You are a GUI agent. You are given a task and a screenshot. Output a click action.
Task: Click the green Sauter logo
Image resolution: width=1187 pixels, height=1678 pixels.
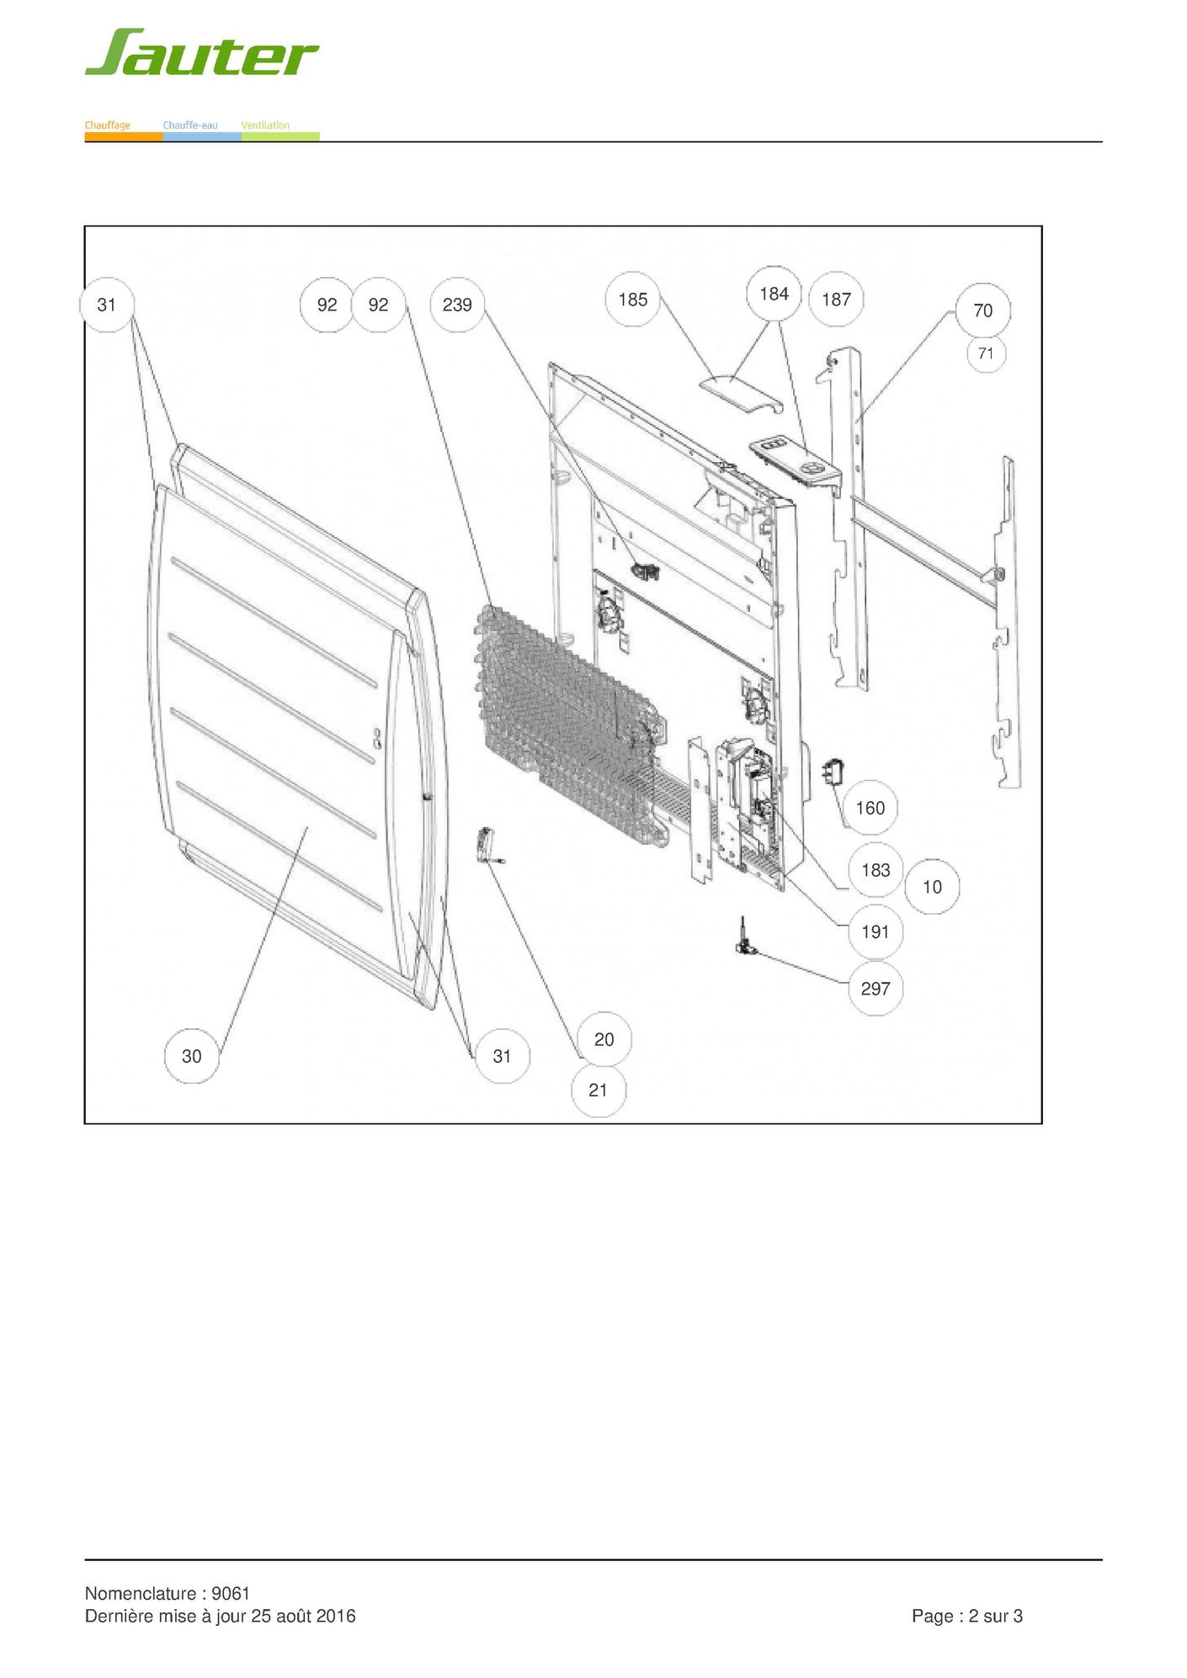(201, 52)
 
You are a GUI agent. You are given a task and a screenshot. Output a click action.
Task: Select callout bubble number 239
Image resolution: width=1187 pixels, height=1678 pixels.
(457, 305)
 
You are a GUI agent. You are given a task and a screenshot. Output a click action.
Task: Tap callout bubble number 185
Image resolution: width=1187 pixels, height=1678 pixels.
(633, 300)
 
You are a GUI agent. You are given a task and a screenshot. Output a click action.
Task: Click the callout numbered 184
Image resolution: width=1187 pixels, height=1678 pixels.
(774, 294)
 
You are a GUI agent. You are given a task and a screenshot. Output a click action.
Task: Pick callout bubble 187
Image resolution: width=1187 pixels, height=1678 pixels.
(836, 300)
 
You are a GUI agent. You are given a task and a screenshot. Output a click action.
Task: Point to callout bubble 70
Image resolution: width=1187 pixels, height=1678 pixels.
(983, 311)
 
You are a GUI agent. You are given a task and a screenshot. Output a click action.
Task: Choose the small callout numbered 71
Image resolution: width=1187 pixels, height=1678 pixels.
(986, 353)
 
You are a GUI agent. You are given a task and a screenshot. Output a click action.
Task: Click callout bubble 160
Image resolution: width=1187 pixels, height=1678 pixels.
(870, 808)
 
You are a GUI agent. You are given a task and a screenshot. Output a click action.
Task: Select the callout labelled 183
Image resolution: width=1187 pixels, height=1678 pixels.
(876, 870)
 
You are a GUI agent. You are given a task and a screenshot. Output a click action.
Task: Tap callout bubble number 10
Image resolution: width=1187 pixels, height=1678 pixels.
(932, 887)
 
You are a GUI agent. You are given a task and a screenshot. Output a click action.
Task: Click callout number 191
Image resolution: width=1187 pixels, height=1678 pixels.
(876, 932)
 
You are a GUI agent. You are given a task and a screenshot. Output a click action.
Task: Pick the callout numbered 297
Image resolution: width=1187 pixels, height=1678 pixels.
(876, 989)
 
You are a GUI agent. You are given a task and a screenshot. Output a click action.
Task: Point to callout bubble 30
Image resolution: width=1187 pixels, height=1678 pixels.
(192, 1056)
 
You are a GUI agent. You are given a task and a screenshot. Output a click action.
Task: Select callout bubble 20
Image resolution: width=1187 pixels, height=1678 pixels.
(604, 1039)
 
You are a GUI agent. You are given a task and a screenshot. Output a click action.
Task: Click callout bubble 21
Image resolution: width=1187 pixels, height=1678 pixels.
(599, 1090)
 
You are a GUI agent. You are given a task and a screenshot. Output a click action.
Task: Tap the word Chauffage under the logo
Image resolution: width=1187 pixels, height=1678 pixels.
(107, 125)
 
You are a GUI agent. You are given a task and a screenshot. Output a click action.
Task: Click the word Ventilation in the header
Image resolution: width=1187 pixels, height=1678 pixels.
(265, 125)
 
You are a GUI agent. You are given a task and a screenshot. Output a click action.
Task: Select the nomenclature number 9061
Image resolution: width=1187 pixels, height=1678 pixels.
(231, 1593)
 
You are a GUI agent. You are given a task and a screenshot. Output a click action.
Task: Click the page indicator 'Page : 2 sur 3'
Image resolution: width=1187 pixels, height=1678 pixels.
(967, 1616)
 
